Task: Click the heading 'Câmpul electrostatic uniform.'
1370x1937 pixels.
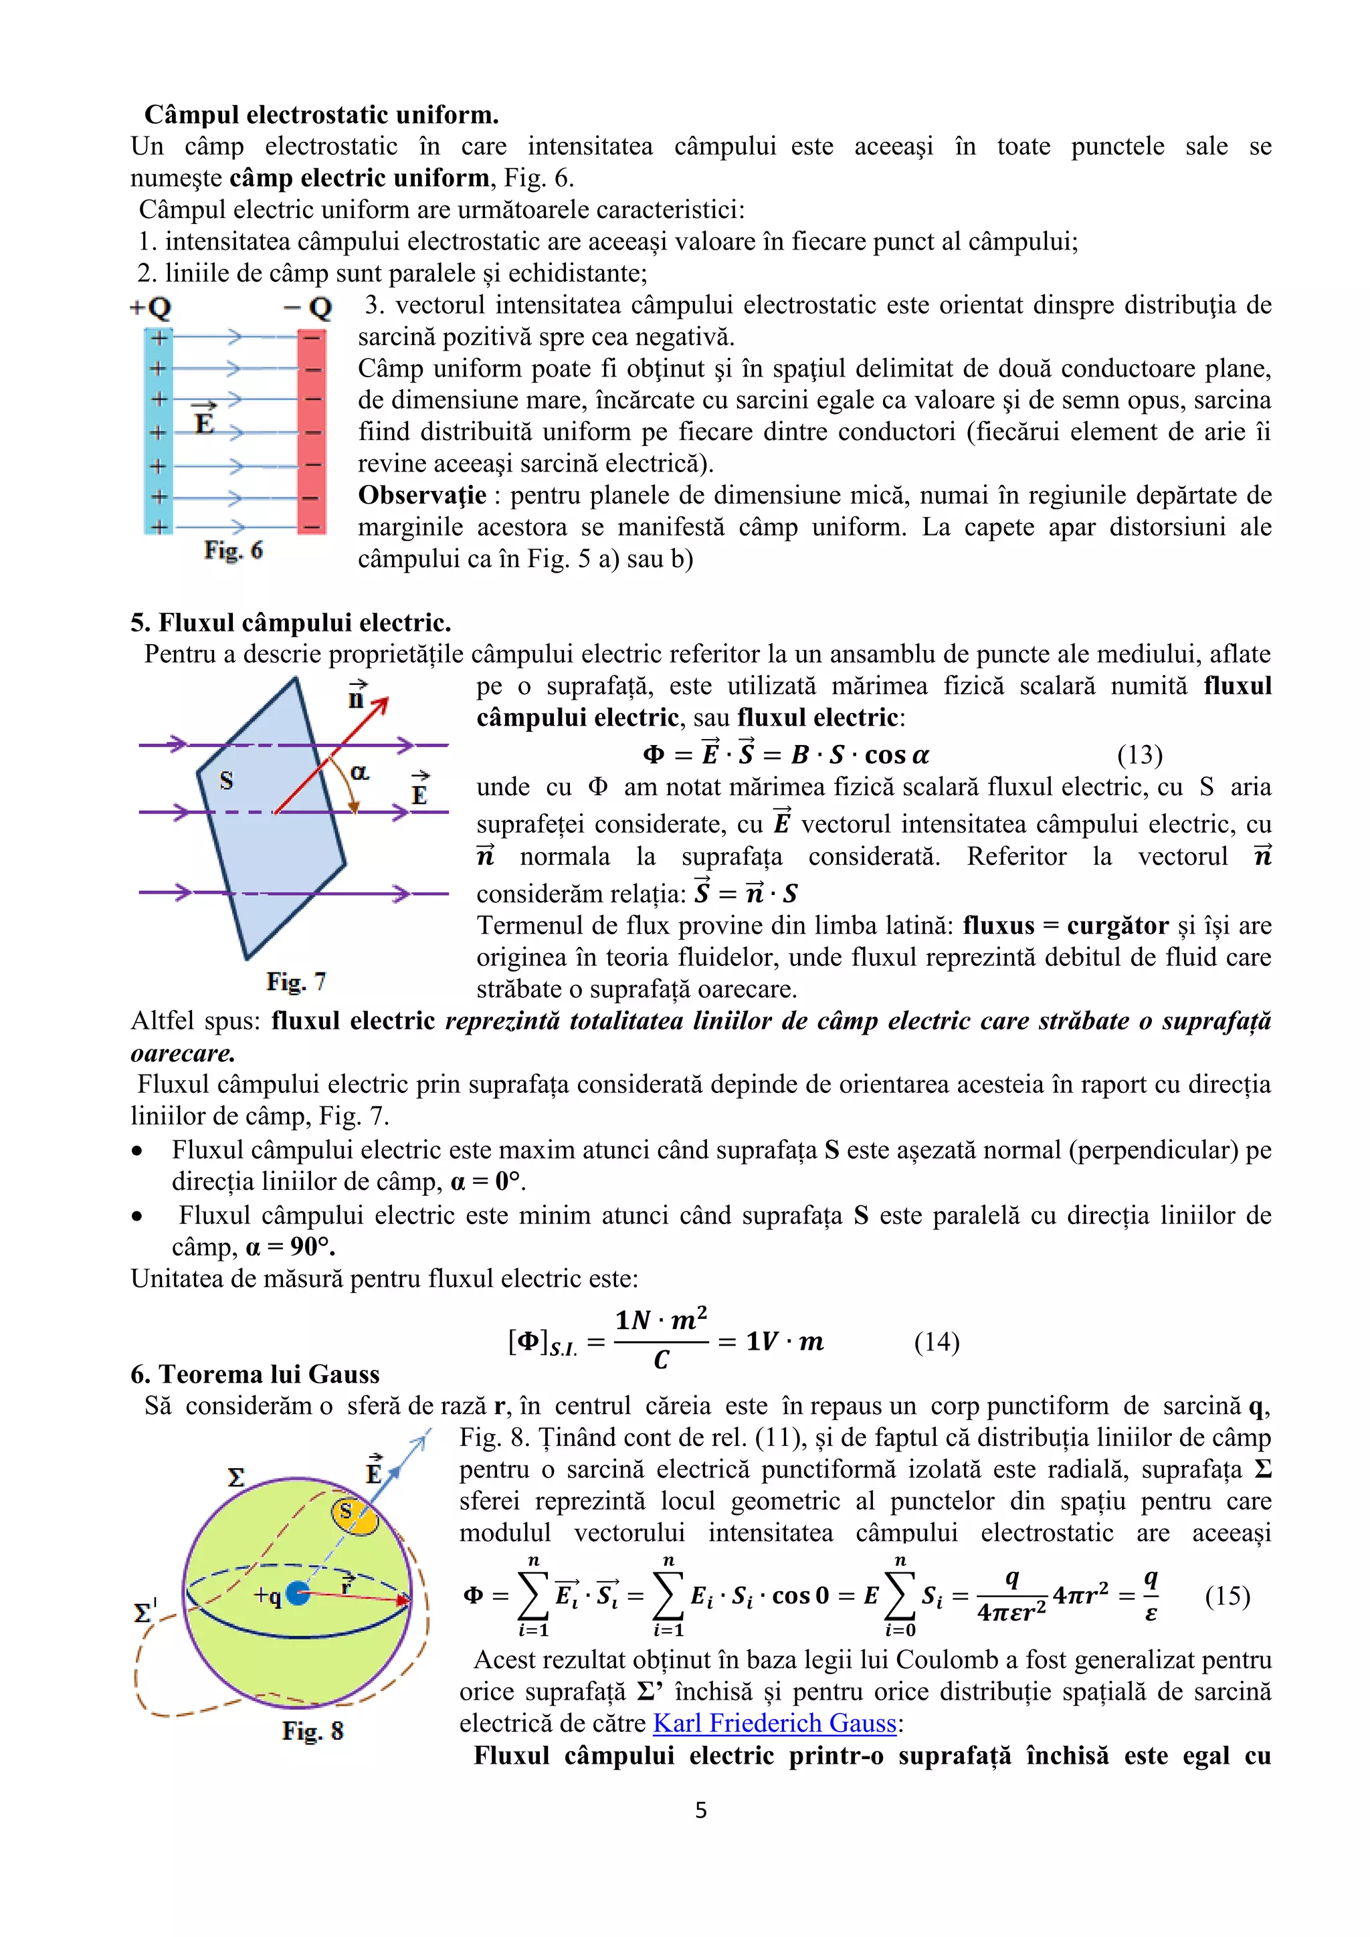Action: tap(321, 115)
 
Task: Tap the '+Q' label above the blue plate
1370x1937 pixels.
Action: tap(151, 308)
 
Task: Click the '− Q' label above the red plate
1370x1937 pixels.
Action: tap(309, 308)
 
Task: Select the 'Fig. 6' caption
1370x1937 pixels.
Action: tap(233, 550)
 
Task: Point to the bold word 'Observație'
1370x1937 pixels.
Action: tap(422, 495)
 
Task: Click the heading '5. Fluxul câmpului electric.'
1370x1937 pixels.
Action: tap(291, 623)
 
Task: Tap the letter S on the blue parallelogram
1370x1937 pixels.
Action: tap(226, 781)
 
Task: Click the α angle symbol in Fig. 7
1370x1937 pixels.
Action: tap(359, 772)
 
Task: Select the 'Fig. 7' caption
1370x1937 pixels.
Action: tap(296, 981)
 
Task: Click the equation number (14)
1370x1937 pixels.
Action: tap(937, 1342)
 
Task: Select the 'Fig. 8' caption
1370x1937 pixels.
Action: tap(313, 1731)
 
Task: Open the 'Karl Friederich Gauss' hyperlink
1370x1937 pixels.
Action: tap(775, 1723)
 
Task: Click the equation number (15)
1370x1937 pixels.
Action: tap(1227, 1596)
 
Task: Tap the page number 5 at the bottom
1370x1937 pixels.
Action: tap(701, 1810)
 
